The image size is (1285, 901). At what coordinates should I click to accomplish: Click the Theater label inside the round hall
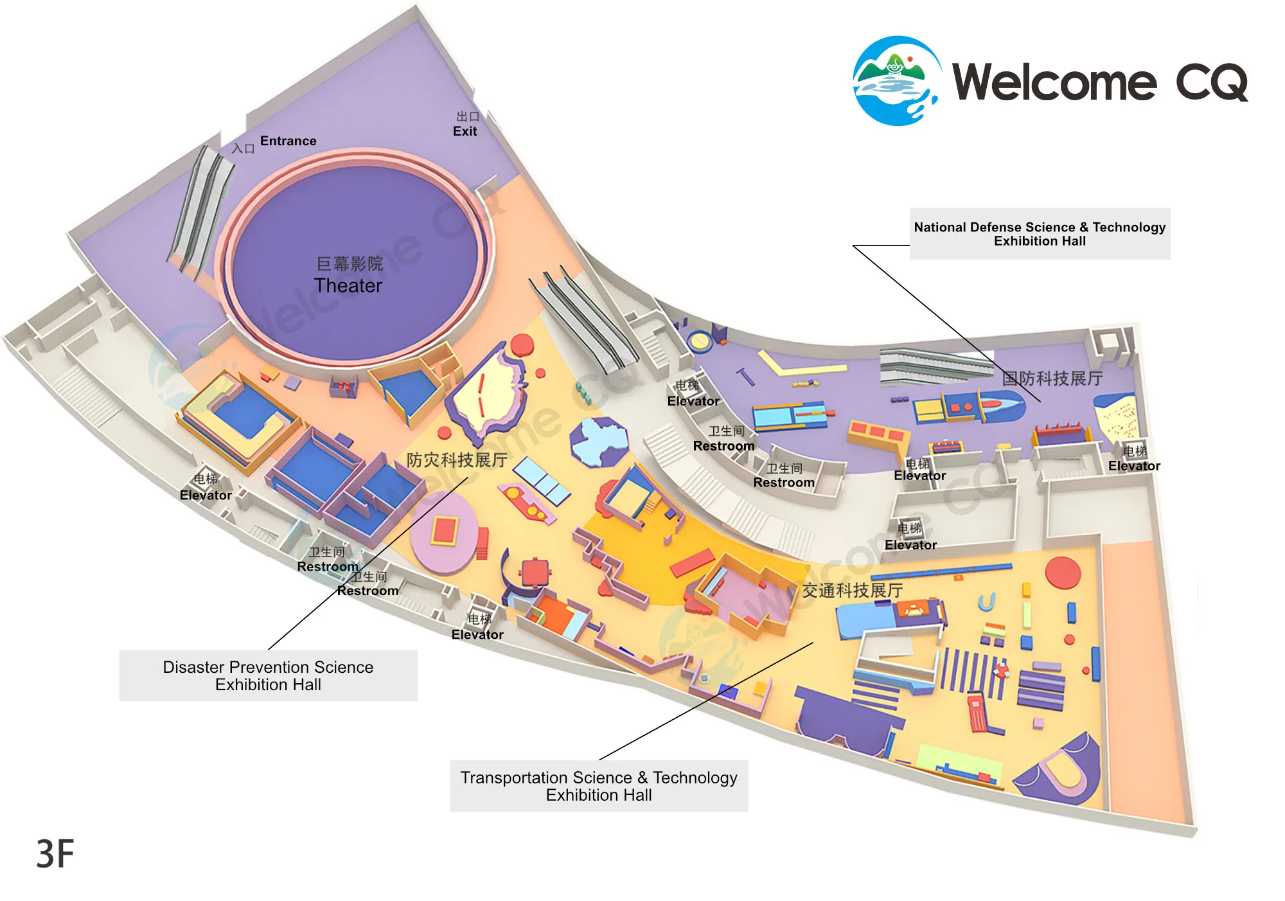click(348, 285)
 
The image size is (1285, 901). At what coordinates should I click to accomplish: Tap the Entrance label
click(288, 141)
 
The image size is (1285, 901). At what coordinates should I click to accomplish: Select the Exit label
click(465, 131)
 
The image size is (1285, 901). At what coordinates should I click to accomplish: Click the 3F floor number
click(55, 854)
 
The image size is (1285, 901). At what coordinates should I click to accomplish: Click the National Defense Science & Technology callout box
click(1040, 234)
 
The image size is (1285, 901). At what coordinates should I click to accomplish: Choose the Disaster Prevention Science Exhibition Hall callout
click(268, 675)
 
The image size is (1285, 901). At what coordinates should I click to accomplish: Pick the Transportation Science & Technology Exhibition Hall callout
click(599, 786)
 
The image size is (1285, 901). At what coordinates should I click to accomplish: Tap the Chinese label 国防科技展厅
click(1052, 379)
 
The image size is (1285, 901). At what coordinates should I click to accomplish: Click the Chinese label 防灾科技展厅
click(457, 460)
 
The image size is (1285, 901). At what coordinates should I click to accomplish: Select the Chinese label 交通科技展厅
click(853, 591)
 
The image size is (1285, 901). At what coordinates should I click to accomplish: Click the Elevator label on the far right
click(1134, 466)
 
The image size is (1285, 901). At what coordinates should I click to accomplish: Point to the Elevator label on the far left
click(206, 495)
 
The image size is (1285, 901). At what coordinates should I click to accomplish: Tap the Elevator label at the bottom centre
click(477, 635)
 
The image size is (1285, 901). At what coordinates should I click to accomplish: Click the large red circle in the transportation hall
click(1063, 573)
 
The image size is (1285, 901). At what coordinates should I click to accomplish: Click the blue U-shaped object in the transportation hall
click(986, 602)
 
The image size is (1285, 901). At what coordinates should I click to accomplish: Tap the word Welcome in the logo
click(1054, 82)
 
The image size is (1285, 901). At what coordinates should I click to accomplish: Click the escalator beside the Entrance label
click(200, 212)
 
